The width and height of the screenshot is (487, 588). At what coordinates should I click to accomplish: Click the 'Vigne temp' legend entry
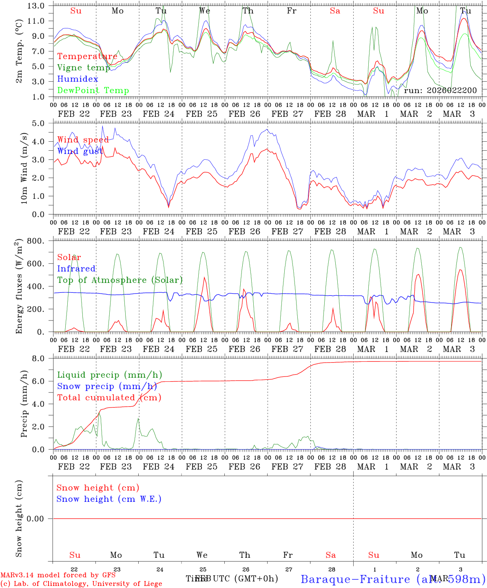click(84, 68)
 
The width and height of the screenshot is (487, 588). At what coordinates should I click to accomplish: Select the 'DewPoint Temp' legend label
click(93, 90)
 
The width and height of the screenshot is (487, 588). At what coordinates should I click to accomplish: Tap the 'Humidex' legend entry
click(77, 79)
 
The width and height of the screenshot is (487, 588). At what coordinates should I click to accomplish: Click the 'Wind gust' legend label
click(80, 151)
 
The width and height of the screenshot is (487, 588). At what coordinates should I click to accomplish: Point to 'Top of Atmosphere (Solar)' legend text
click(120, 280)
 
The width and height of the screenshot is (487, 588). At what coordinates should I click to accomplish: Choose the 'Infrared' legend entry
click(76, 269)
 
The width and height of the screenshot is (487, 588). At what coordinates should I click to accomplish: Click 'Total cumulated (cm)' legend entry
click(109, 397)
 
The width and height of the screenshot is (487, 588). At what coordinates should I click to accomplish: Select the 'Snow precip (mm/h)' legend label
click(107, 386)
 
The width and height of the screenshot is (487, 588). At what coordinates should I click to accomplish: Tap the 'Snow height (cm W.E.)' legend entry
click(109, 499)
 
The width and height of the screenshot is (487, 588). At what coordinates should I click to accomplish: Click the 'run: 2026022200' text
click(440, 90)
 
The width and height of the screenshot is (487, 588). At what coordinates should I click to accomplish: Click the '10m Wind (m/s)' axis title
click(24, 168)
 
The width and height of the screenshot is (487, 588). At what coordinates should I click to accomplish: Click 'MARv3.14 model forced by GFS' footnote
click(58, 575)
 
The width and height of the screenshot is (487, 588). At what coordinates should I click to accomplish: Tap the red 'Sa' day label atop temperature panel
click(335, 11)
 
